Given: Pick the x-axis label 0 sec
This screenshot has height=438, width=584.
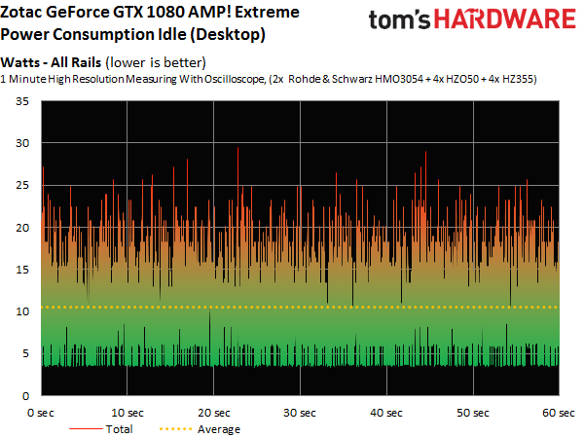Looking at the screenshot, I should [x=42, y=412].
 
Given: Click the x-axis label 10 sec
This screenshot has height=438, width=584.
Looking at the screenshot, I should [x=128, y=412].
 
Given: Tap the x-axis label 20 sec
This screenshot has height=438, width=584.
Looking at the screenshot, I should [x=214, y=412].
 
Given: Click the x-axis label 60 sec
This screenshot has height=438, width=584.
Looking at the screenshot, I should [x=555, y=412].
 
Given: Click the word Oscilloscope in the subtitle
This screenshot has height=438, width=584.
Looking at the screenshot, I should [x=208, y=78].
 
